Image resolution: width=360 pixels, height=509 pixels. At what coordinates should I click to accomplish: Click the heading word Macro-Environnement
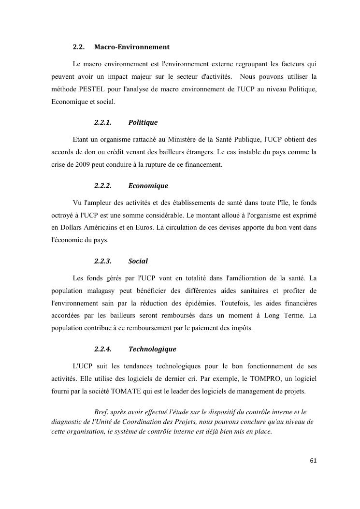[x=132, y=47]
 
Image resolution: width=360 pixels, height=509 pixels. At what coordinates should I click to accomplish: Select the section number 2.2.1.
[x=102, y=123]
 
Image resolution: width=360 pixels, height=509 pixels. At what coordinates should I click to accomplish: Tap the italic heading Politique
[x=143, y=123]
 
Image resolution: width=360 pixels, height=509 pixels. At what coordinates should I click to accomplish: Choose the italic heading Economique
[x=148, y=186]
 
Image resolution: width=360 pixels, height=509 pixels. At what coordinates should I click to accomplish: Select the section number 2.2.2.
[x=102, y=186]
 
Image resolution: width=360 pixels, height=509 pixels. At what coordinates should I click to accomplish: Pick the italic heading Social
[x=138, y=261]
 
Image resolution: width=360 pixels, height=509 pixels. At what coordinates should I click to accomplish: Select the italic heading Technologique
[x=152, y=349]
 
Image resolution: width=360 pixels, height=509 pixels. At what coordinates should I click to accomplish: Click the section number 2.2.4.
[x=102, y=349]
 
